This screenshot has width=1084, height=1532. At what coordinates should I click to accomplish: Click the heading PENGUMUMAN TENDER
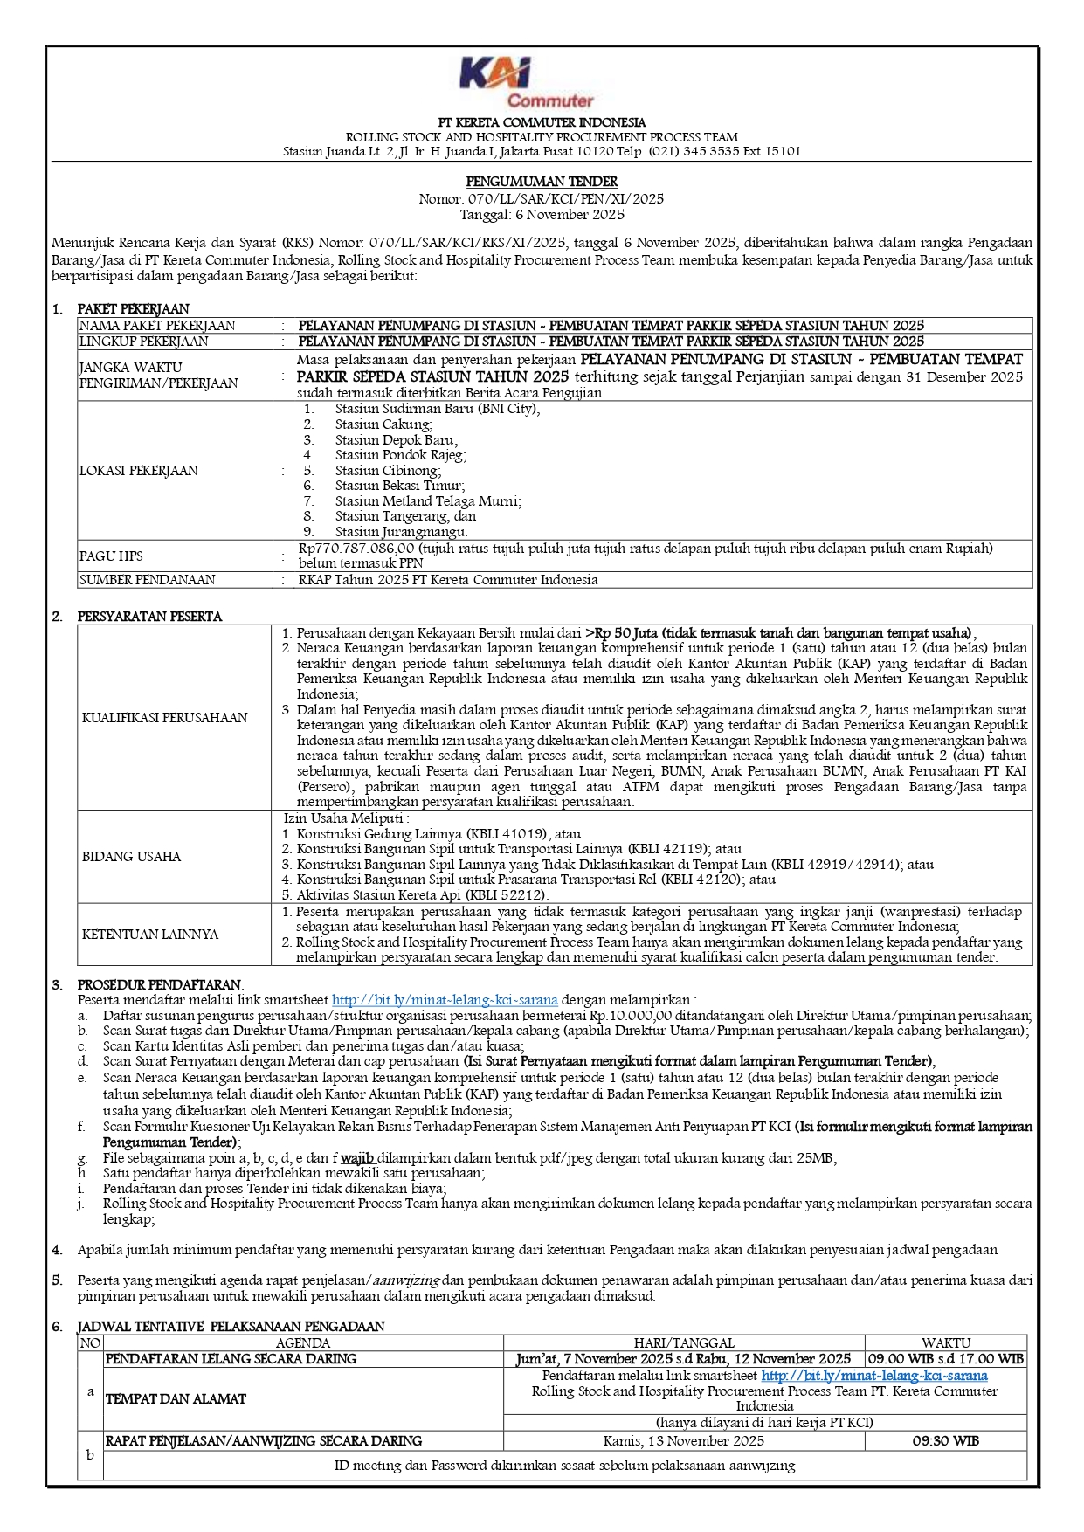tap(542, 182)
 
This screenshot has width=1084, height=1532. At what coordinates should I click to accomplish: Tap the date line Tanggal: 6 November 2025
tap(542, 215)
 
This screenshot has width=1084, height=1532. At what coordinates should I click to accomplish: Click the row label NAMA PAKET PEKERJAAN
tap(157, 326)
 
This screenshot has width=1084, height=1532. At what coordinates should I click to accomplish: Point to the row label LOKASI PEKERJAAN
tap(139, 471)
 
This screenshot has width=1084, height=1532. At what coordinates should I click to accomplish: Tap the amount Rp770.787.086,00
tap(356, 549)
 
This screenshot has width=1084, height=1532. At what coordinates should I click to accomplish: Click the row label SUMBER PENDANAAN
tap(148, 580)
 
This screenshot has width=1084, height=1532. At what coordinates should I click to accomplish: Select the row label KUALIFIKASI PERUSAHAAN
tap(165, 718)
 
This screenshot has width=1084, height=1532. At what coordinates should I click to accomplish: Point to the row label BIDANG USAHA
tap(132, 857)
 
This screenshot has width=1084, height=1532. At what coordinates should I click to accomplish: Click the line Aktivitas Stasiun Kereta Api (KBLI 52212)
tap(422, 895)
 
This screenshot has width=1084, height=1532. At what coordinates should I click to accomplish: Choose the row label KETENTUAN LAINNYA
tap(150, 935)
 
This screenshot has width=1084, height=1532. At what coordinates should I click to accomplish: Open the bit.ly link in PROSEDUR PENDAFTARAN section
tap(445, 1000)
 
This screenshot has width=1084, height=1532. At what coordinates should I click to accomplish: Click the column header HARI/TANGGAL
tap(684, 1343)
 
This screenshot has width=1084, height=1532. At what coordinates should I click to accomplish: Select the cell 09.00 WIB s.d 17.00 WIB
tap(945, 1359)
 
